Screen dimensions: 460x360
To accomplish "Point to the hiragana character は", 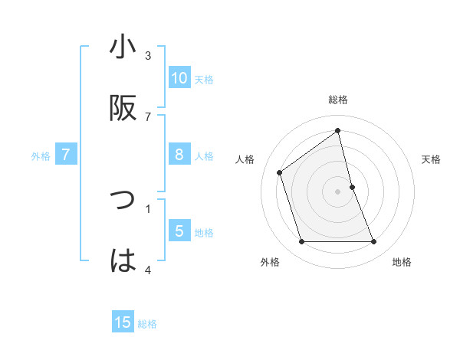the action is [x=123, y=261].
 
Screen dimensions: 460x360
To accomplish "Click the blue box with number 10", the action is [x=179, y=78].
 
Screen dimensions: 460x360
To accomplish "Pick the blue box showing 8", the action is [x=179, y=155].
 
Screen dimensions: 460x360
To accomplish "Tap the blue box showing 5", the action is [x=179, y=231].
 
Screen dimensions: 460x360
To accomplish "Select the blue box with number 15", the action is [x=123, y=323].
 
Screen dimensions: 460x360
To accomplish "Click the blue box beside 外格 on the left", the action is [x=66, y=155].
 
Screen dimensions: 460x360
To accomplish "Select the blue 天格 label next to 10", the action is [x=204, y=80].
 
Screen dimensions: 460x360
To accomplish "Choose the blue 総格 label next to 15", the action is [x=147, y=324].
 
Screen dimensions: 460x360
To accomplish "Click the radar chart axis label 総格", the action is [x=338, y=100].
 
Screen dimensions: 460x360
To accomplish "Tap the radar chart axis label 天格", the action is [x=432, y=159].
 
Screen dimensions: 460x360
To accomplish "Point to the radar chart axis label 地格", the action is [x=402, y=262].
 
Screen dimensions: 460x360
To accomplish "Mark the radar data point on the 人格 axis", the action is [x=280, y=172].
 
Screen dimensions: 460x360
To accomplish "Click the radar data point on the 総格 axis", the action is [x=338, y=130].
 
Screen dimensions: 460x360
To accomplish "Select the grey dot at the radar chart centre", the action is [x=338, y=191].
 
